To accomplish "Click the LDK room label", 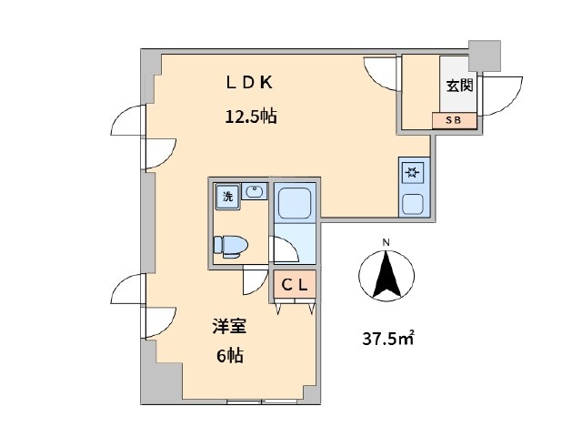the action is click(249, 83).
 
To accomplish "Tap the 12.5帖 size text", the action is click(251, 117).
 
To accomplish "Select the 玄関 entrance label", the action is click(459, 86).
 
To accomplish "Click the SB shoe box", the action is click(455, 120).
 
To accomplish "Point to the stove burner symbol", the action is click(413, 172).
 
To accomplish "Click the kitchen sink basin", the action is click(413, 204).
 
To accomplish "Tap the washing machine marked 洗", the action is click(227, 197).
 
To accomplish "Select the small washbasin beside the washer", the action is click(254, 191).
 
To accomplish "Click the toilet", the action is click(230, 246).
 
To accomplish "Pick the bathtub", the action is click(295, 202).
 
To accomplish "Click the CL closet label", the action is click(295, 285).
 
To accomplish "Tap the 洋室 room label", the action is click(229, 326).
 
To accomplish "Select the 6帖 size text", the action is click(230, 356).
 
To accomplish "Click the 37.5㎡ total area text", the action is click(388, 339).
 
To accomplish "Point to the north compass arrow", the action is click(386, 275).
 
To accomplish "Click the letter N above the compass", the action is click(386, 243).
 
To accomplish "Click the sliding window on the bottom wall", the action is click(262, 401).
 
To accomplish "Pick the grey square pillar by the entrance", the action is click(485, 56).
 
